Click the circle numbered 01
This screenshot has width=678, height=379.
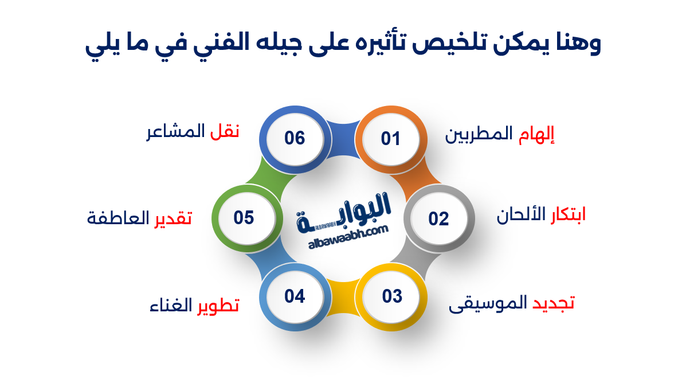[x=390, y=139]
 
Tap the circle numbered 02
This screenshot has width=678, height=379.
[x=438, y=218]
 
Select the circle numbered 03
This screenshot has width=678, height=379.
[x=393, y=296]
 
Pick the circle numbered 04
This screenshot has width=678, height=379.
[x=295, y=296]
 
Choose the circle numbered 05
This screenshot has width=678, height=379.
[x=244, y=218]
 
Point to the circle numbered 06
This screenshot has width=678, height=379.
[x=295, y=138]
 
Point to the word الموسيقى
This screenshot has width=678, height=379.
[x=487, y=304]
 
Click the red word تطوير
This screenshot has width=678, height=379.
[x=218, y=305]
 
